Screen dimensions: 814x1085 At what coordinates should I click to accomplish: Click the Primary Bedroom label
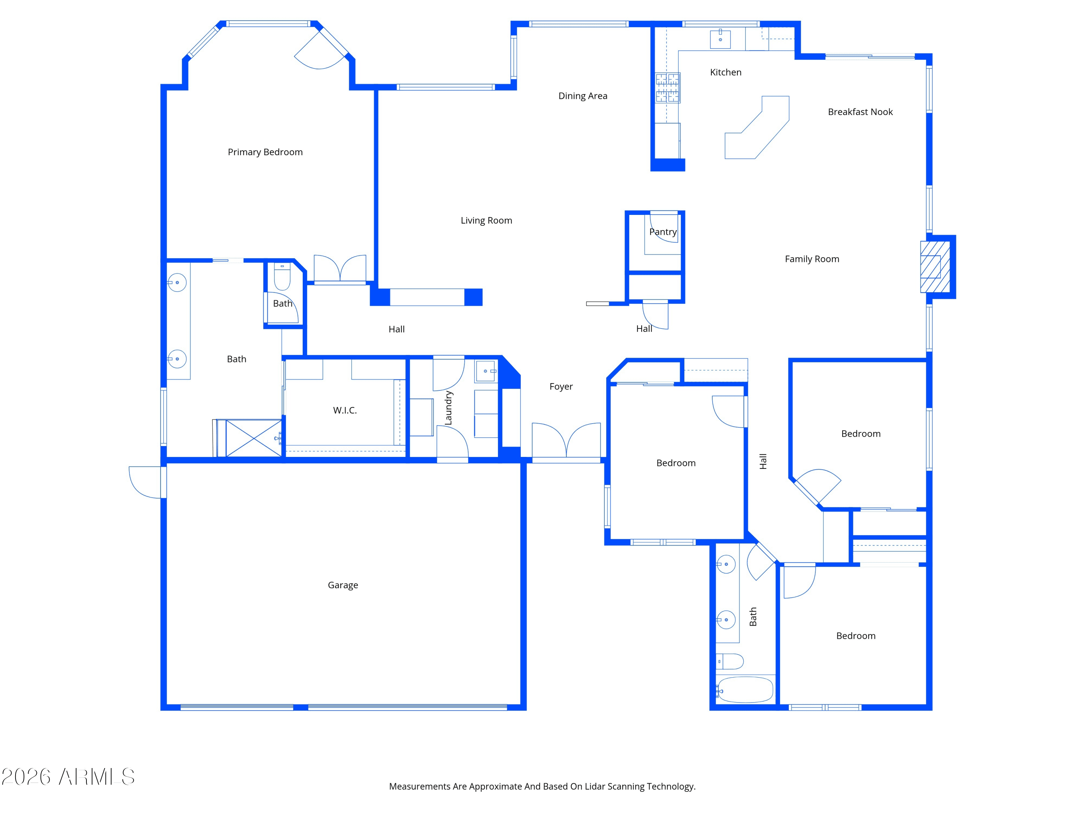point(265,152)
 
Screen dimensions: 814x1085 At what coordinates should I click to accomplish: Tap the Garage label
point(343,585)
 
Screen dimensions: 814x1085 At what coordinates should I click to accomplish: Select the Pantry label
point(663,232)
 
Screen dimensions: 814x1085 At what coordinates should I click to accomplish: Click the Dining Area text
point(583,96)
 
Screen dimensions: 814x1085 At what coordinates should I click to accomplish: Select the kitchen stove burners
point(668,88)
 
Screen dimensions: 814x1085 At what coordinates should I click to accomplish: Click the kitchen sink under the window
point(720,38)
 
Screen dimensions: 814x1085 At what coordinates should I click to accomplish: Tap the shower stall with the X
point(253,438)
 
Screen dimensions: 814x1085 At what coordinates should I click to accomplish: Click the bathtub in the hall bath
point(745,690)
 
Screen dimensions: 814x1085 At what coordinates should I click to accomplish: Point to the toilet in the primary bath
point(282,277)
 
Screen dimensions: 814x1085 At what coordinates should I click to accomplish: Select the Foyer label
point(561,387)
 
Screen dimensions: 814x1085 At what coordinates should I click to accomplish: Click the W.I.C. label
point(345,410)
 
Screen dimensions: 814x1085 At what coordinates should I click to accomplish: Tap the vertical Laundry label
point(448,408)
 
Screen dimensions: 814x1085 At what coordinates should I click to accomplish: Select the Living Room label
point(486,221)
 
